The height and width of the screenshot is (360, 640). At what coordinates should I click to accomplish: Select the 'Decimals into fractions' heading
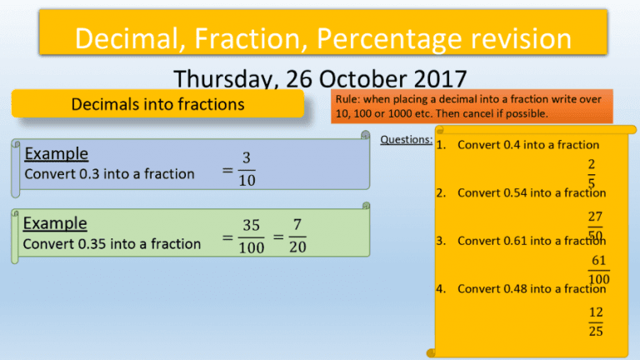pos(157,104)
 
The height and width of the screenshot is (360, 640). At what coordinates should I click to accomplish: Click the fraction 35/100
pos(250,237)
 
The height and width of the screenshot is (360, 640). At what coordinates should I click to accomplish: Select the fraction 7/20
pos(297,237)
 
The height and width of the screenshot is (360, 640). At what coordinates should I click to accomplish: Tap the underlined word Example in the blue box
pos(57,153)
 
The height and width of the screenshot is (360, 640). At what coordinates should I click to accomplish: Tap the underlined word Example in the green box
pos(55,223)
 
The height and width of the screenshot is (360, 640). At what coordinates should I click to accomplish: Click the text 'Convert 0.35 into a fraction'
pos(112,244)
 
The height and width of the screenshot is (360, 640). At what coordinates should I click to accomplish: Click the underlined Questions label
pos(406,139)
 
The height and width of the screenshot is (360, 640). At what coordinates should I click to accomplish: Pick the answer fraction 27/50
pos(595,224)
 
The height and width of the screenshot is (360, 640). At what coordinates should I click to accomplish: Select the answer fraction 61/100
pos(598,270)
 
